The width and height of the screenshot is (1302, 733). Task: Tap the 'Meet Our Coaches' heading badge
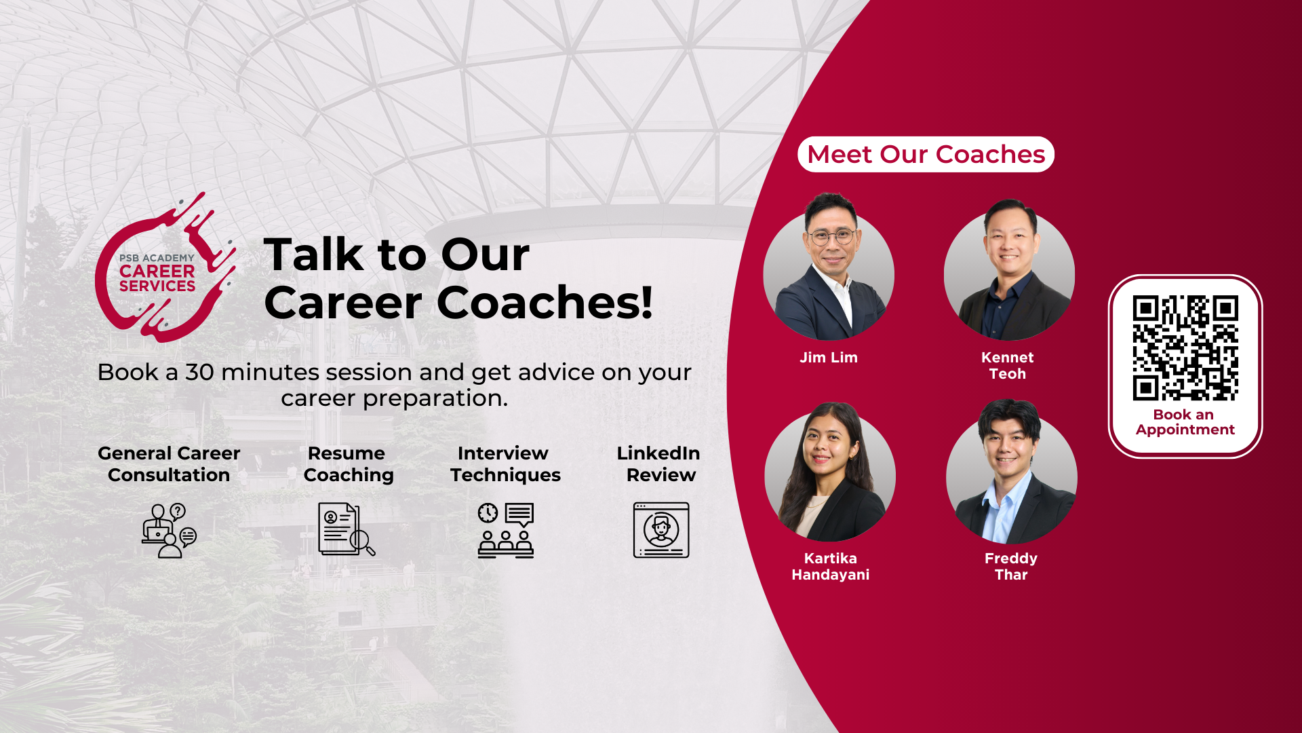coord(926,154)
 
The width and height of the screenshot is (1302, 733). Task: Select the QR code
coord(1185,347)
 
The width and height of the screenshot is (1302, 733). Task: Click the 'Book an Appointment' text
coord(1185,422)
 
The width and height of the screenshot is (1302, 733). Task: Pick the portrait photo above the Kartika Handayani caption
coord(830,472)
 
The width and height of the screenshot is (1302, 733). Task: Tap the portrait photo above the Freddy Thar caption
coord(1011,472)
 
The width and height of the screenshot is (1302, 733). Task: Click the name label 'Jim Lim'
coord(829,358)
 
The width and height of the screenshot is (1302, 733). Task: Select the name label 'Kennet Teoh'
coord(1008,366)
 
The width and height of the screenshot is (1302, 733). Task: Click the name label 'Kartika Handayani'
coord(831,567)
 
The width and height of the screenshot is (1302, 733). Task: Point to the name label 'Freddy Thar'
coord(1011,567)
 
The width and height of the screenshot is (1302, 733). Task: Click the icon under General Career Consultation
coord(169,530)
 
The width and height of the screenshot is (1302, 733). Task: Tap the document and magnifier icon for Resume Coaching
coord(347,529)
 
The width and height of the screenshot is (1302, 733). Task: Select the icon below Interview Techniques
coord(506,530)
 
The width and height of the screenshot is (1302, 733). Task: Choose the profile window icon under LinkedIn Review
coord(661,530)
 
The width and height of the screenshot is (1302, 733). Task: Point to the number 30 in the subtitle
coord(199,372)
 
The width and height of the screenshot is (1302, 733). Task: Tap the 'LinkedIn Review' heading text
coord(658,464)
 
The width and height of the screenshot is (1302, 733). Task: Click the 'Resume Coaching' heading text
coord(348,464)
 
